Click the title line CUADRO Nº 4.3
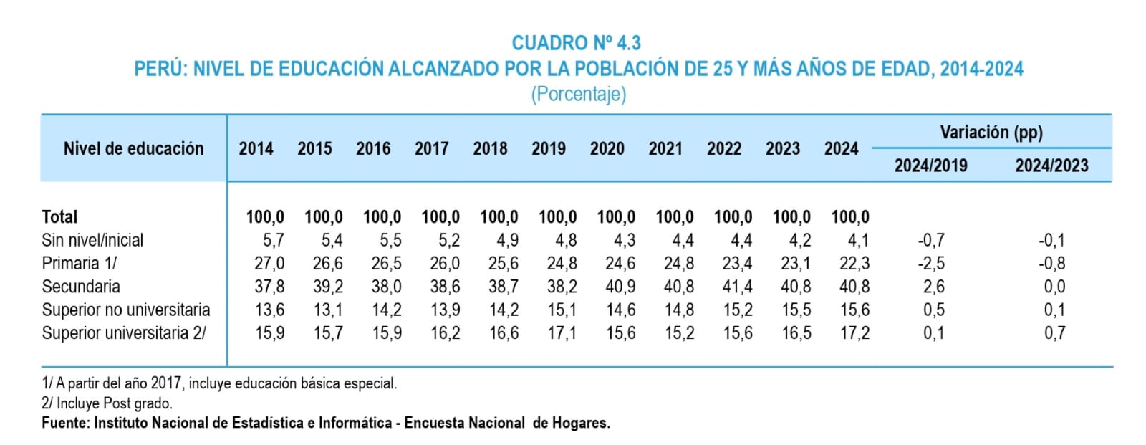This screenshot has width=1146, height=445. click(x=576, y=43)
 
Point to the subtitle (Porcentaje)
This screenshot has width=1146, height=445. click(x=579, y=94)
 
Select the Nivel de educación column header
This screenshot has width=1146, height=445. click(x=133, y=148)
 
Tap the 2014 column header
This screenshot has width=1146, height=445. click(x=256, y=148)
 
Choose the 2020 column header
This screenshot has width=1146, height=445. click(x=607, y=148)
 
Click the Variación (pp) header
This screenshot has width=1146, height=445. click(x=991, y=133)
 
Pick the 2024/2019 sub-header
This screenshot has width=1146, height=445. click(x=930, y=166)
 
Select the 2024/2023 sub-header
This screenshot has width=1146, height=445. click(x=1051, y=166)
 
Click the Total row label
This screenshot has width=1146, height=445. click(x=59, y=217)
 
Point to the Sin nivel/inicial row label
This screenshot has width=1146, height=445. click(x=92, y=240)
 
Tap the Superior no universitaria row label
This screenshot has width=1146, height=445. click(x=126, y=310)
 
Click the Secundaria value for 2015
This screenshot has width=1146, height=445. click(x=328, y=287)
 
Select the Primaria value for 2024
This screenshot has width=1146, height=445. click(x=854, y=263)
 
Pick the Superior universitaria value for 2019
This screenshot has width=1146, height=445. click(x=562, y=333)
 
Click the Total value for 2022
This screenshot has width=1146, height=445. click(x=733, y=217)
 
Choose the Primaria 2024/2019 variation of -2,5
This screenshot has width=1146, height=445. click(x=931, y=263)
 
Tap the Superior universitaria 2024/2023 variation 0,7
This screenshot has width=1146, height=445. click(x=1055, y=333)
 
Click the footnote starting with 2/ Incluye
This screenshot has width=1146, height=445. click(x=107, y=403)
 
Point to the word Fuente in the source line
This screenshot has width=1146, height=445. click(x=65, y=423)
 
